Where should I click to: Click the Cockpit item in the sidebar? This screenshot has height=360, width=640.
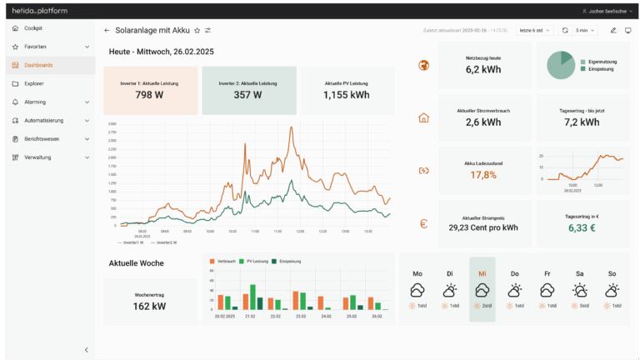pos(33,28)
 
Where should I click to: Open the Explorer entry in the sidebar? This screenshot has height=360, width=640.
pos(34,83)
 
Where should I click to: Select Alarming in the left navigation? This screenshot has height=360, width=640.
pos(34,102)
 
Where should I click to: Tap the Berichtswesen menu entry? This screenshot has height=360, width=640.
pos(42,138)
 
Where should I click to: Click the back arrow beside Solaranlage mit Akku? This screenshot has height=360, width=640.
pos(107,30)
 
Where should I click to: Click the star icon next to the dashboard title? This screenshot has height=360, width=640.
pos(197,30)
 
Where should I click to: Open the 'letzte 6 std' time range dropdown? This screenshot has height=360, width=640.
pos(534,30)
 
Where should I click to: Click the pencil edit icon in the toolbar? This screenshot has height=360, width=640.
pos(613,30)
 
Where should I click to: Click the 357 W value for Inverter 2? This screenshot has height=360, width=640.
pos(247,95)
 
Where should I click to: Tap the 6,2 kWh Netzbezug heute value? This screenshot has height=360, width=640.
pos(483,70)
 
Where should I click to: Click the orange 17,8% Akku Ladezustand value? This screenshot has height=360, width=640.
pos(483,175)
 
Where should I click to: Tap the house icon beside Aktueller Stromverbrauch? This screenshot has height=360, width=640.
pos(423,117)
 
